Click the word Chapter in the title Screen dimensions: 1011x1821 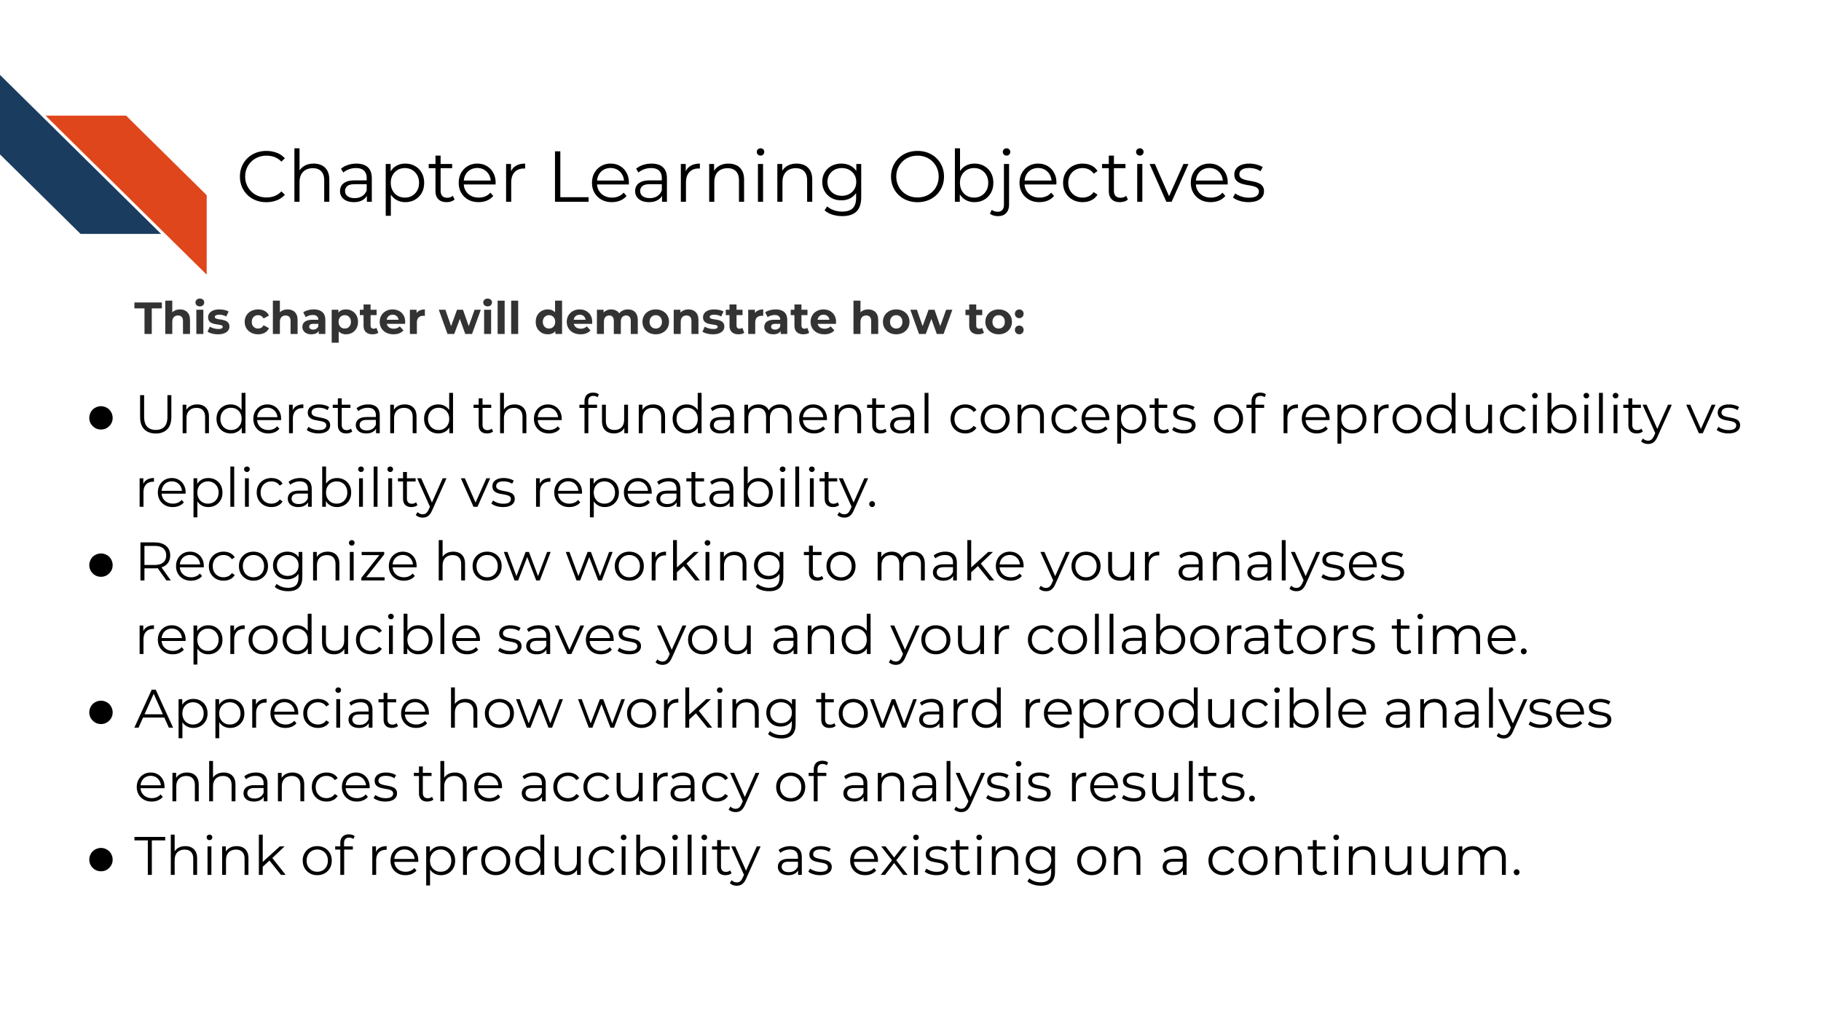point(381,178)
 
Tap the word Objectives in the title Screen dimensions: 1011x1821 point(1077,178)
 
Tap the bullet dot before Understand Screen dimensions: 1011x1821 point(101,418)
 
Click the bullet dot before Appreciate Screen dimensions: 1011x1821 point(101,713)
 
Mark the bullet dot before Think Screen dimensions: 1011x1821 point(101,859)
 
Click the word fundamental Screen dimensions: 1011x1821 point(755,415)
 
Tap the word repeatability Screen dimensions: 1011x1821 point(704,489)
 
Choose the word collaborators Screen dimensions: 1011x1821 point(1201,637)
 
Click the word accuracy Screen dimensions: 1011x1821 point(640,784)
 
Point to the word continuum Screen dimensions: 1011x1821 point(1364,857)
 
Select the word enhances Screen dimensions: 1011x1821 point(267,784)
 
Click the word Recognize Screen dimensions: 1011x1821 point(277,563)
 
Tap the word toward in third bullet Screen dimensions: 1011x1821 point(909,710)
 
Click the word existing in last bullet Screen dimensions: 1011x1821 point(953,857)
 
